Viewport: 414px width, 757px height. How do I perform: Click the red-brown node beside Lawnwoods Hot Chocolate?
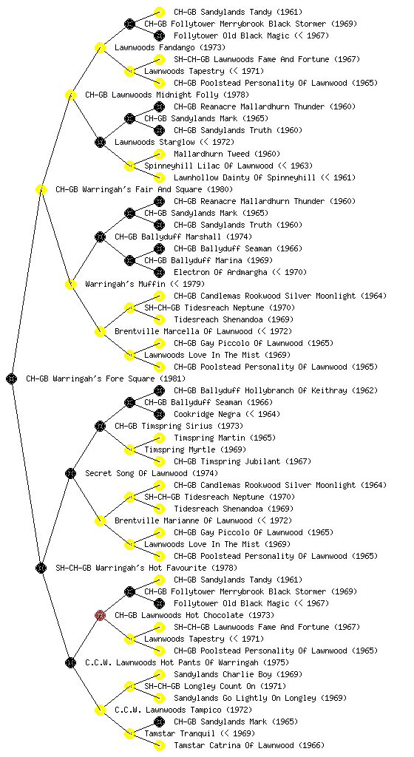pyautogui.click(x=100, y=615)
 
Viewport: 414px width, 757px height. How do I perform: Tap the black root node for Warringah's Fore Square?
pyautogui.click(x=12, y=378)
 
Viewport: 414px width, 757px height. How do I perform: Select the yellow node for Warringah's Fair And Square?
pyautogui.click(x=41, y=189)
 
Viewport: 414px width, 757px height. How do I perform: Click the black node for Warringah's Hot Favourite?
pyautogui.click(x=41, y=568)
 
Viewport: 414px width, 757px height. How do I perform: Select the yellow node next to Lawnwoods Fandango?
pyautogui.click(x=100, y=47)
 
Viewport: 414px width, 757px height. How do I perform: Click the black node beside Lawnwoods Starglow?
pyautogui.click(x=100, y=142)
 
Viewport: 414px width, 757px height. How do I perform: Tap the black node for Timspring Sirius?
pyautogui.click(x=100, y=426)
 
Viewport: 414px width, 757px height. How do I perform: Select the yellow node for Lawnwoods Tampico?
pyautogui.click(x=100, y=710)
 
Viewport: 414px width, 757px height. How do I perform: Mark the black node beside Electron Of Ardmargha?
pyautogui.click(x=159, y=272)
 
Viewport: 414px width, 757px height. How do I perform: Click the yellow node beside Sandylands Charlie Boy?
pyautogui.click(x=159, y=674)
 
